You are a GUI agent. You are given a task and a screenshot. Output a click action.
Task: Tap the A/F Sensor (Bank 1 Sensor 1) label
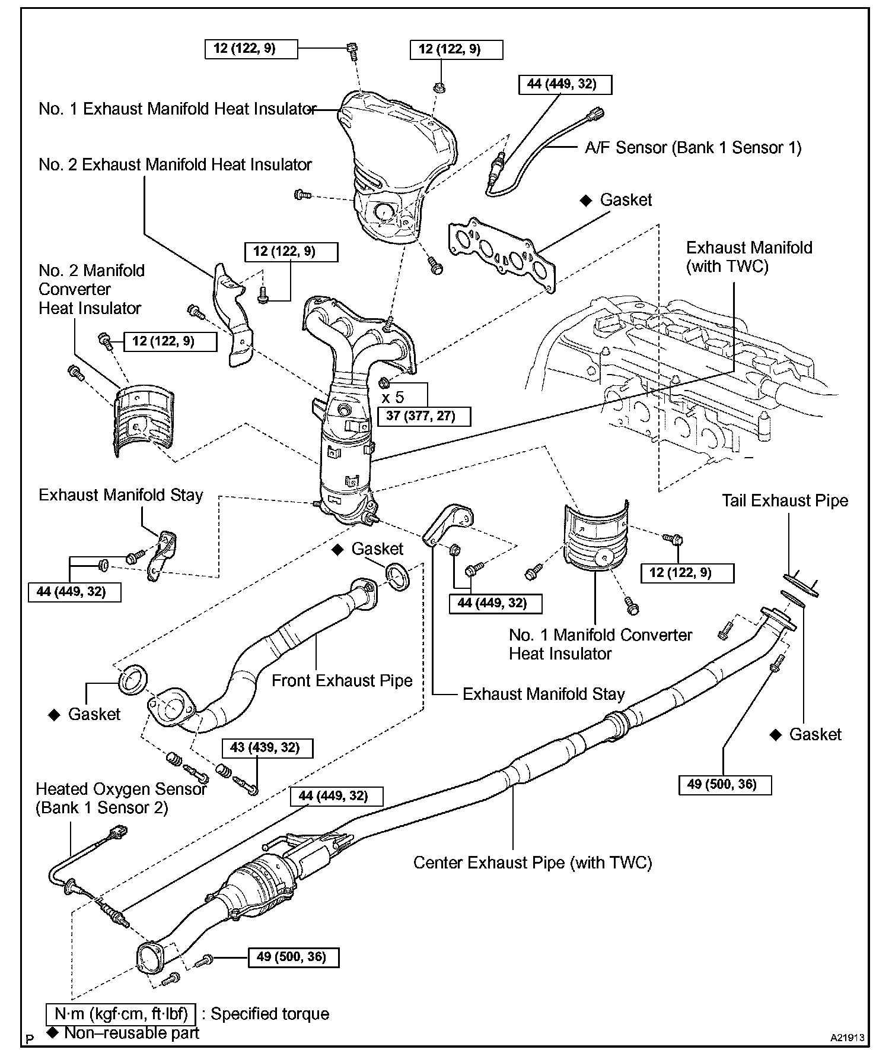[693, 148]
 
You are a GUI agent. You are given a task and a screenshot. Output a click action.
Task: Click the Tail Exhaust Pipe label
[785, 500]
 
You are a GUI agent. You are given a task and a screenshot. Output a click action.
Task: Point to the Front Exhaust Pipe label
[342, 680]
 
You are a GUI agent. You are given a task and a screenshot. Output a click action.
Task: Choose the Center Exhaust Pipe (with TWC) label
[532, 862]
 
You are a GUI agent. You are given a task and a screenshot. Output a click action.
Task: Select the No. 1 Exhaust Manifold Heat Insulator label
[177, 109]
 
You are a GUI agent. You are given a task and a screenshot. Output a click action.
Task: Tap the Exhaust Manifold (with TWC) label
[748, 256]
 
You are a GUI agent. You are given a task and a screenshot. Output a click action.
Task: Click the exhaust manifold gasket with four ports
[503, 254]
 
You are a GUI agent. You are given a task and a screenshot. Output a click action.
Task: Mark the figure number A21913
[847, 1038]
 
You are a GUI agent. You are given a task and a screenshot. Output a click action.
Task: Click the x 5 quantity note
[393, 397]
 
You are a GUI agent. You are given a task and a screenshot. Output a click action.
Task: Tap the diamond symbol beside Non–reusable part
[53, 1033]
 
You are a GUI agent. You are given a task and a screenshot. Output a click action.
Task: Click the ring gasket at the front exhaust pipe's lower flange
[134, 679]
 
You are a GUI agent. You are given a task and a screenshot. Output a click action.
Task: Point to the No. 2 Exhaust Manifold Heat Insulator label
[175, 164]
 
